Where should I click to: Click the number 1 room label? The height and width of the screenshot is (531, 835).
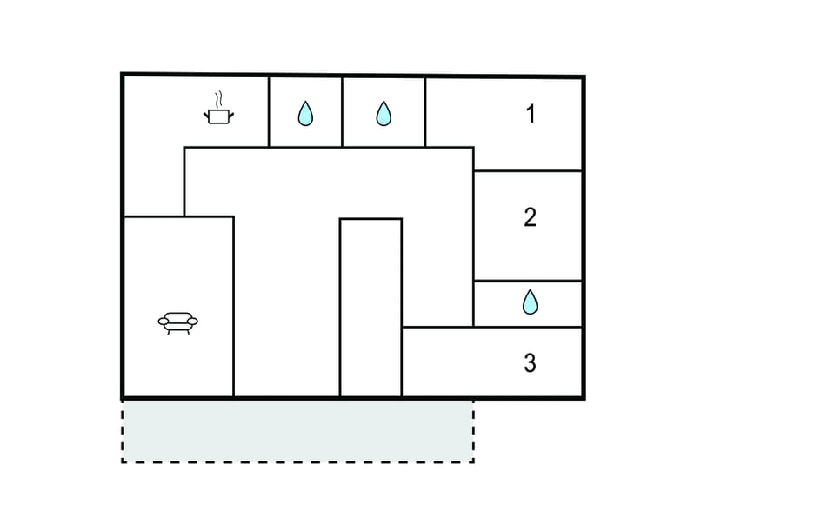pyautogui.click(x=531, y=114)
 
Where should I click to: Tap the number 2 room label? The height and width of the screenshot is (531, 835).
pyautogui.click(x=530, y=217)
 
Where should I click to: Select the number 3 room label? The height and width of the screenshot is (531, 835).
pyautogui.click(x=530, y=363)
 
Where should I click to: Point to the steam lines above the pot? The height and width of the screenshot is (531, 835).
pyautogui.click(x=218, y=99)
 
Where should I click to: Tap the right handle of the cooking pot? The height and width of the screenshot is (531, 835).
pyautogui.click(x=231, y=115)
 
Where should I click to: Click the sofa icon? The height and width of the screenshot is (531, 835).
pyautogui.click(x=177, y=323)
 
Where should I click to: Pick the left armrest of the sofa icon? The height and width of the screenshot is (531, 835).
pyautogui.click(x=163, y=322)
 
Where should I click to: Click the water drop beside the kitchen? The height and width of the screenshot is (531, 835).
pyautogui.click(x=305, y=113)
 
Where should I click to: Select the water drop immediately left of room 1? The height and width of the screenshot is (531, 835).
pyautogui.click(x=384, y=113)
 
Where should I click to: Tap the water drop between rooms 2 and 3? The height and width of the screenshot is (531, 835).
pyautogui.click(x=530, y=302)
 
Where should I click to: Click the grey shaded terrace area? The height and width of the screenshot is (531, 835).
pyautogui.click(x=297, y=430)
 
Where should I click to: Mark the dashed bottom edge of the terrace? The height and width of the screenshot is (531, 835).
pyautogui.click(x=297, y=461)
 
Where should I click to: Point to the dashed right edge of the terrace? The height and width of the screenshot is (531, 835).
pyautogui.click(x=473, y=432)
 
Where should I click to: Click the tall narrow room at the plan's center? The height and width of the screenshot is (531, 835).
pyautogui.click(x=371, y=308)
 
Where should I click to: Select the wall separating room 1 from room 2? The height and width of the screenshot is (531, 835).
pyautogui.click(x=528, y=171)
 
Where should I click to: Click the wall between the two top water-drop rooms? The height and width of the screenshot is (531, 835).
pyautogui.click(x=342, y=112)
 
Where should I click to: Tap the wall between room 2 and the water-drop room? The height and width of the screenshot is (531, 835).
pyautogui.click(x=528, y=281)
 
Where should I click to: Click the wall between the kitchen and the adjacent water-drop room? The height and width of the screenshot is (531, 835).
pyautogui.click(x=269, y=112)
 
